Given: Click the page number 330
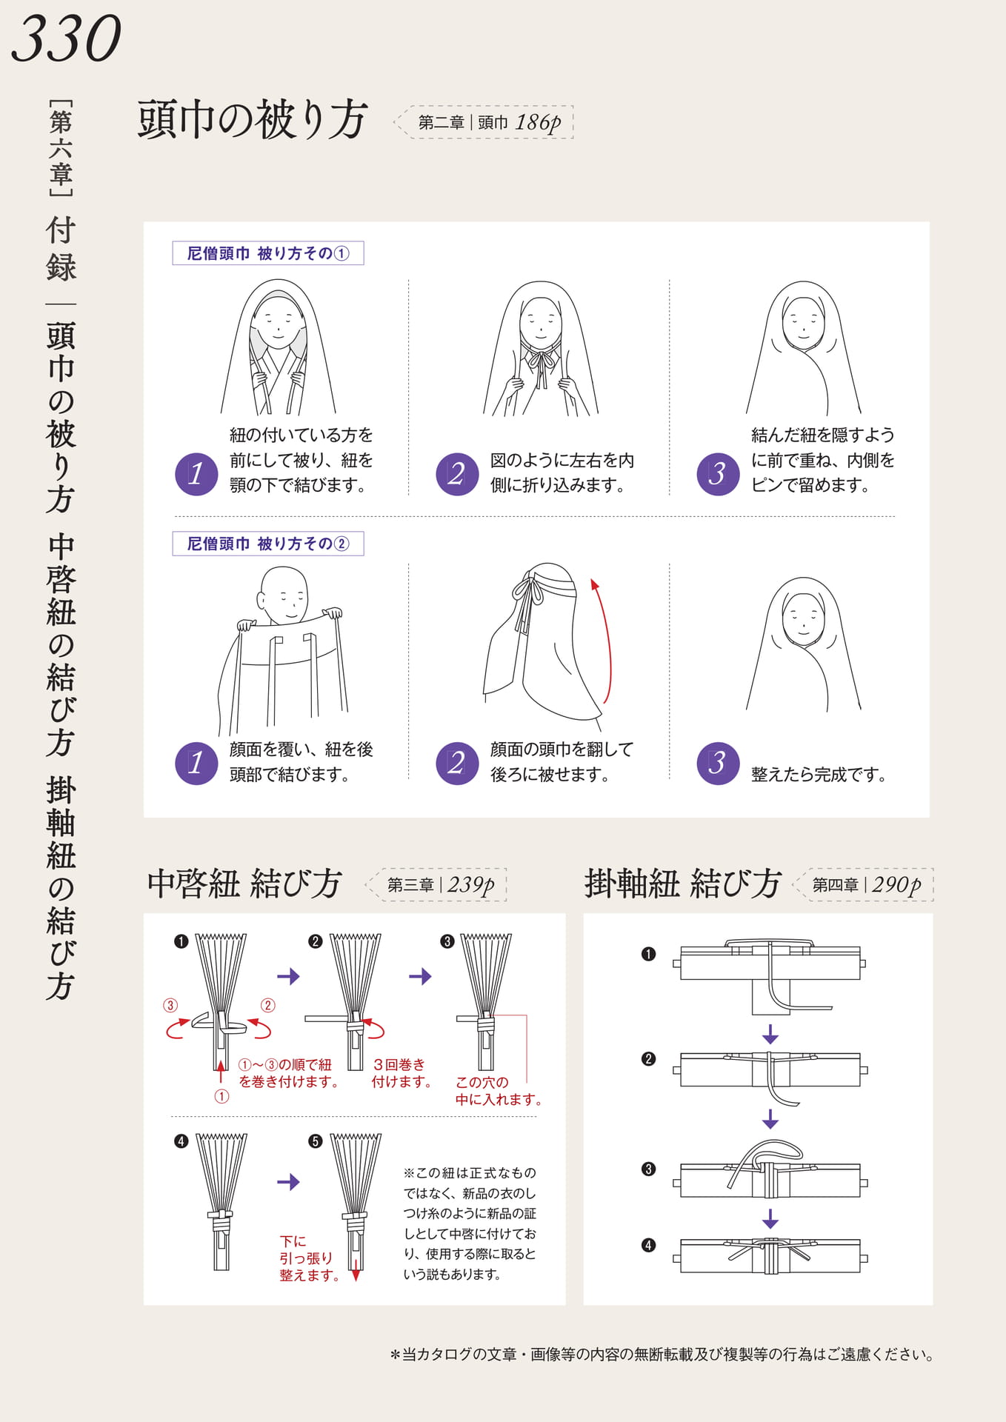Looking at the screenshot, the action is tap(67, 39).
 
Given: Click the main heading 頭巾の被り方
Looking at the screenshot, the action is tap(253, 120).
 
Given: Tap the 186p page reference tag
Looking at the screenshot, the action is tap(484, 122).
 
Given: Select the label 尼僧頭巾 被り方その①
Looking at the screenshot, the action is tap(268, 253).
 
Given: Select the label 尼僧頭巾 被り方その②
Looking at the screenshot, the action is tap(268, 544).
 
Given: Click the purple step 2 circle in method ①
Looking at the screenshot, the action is tap(457, 474).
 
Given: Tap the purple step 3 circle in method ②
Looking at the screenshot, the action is tap(718, 763).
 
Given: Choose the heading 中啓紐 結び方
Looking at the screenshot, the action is tap(244, 884).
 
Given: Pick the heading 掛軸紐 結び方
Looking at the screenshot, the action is tap(683, 884).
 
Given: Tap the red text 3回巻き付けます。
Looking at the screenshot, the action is tap(402, 1073).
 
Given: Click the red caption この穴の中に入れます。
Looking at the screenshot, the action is tap(498, 1091).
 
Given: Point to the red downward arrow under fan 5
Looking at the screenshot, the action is tap(356, 1268).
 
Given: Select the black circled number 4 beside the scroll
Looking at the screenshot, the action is tap(649, 1245).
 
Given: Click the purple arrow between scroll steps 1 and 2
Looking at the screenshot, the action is tap(770, 1034).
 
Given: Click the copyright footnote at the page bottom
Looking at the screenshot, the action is tap(662, 1355).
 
